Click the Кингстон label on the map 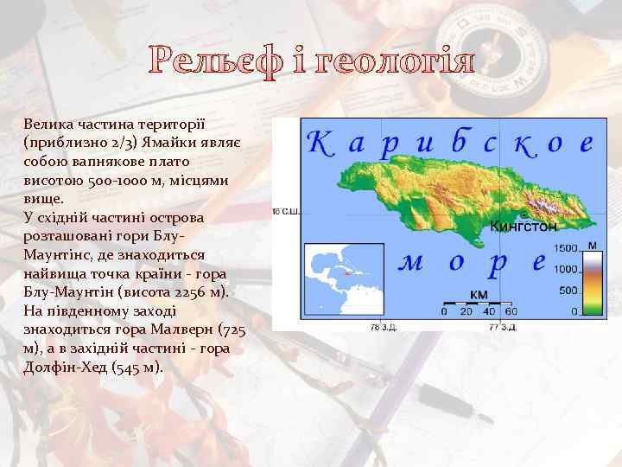point(523,227)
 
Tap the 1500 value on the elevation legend point(567,248)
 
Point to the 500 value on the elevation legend point(570,290)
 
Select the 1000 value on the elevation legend point(567,269)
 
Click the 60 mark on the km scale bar point(511,311)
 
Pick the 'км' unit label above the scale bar point(478,294)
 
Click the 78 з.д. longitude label point(382,327)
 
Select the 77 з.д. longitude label point(503,327)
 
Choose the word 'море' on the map point(472,261)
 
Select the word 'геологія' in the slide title point(397,62)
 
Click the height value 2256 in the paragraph point(200,292)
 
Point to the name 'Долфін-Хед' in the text point(61,367)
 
